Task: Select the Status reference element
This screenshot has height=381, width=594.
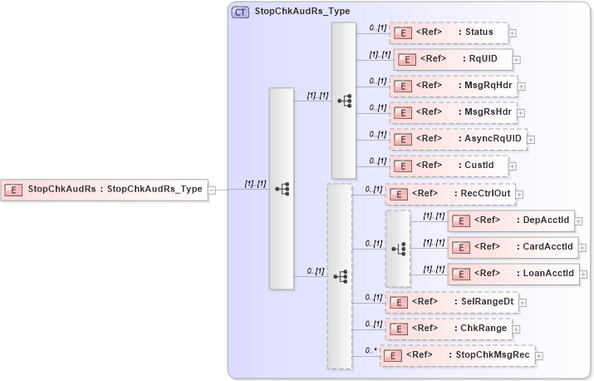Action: click(449, 32)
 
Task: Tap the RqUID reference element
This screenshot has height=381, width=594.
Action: click(453, 59)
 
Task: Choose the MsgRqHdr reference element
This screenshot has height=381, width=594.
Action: click(453, 86)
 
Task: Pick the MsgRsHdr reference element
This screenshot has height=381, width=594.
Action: click(453, 112)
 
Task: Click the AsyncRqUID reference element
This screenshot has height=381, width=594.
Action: click(458, 139)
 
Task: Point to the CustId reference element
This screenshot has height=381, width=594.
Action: click(449, 166)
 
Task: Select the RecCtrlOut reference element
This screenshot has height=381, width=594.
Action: click(450, 194)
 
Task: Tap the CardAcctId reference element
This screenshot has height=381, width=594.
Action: click(513, 247)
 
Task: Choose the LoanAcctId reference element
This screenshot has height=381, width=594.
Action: click(513, 274)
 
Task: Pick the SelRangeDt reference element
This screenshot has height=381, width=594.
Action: click(453, 302)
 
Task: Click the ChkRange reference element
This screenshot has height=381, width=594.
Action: click(449, 329)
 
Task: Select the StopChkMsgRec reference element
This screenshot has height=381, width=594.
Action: click(457, 355)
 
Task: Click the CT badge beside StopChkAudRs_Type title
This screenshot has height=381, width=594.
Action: click(240, 12)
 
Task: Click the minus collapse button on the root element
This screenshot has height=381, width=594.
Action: click(213, 190)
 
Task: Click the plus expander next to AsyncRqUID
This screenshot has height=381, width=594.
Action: click(531, 140)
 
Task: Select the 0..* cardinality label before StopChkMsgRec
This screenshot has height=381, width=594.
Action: click(371, 350)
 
